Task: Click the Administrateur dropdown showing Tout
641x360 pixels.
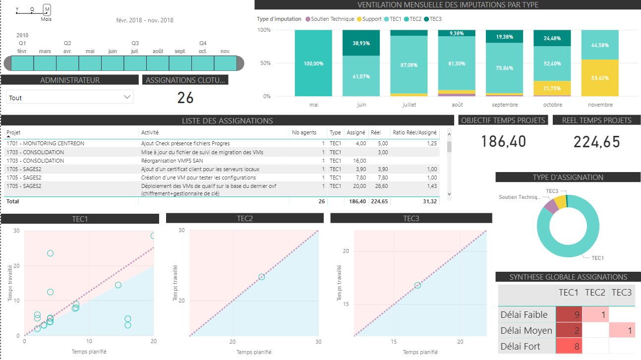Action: coord(70,97)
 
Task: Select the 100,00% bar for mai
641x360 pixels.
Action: coord(313,63)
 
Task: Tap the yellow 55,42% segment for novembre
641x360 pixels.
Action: coord(600,78)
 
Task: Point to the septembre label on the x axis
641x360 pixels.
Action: coord(505,105)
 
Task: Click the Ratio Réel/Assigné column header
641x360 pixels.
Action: coord(414,132)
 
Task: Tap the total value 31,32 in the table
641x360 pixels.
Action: coord(429,201)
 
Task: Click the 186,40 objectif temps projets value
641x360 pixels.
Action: coord(503,142)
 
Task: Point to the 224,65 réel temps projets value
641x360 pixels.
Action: coord(597,142)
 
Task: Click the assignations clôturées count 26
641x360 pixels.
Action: coord(185,98)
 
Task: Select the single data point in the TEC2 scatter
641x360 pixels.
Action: coord(262,277)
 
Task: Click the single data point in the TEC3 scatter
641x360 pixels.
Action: coord(417,285)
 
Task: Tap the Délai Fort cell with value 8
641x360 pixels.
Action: coord(569,346)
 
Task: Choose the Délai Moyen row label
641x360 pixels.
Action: coord(524,330)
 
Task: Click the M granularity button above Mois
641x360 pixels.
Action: coord(47,9)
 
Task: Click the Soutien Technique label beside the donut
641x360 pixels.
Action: coord(520,197)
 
